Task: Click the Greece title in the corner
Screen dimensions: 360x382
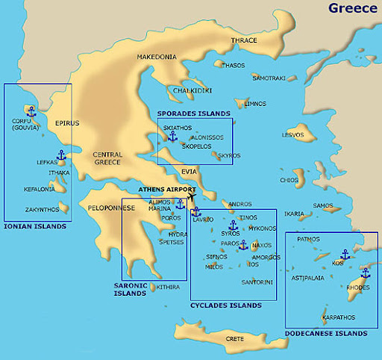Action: [x=352, y=8]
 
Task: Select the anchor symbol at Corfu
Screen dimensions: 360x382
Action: [x=31, y=111]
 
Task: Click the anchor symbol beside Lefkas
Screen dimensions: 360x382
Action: [x=62, y=155]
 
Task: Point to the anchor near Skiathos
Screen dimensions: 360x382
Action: [x=172, y=136]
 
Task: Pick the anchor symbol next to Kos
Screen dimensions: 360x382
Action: [x=345, y=255]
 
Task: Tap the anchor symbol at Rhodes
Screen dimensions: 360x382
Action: [x=365, y=273]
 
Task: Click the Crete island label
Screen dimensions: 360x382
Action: [x=234, y=338]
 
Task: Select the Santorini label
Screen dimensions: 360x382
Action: [x=257, y=282]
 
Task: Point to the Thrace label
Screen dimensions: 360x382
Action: [x=243, y=40]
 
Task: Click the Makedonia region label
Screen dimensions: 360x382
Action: [x=156, y=57]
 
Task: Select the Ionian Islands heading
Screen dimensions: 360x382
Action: [x=34, y=226]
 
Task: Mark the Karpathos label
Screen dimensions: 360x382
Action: [x=339, y=317]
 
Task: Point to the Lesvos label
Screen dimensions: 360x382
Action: [x=292, y=135]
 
